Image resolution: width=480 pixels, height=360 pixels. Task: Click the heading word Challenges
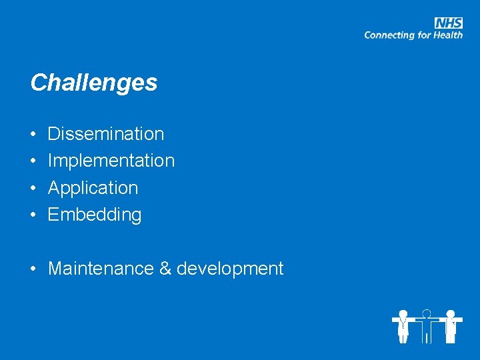click(x=94, y=83)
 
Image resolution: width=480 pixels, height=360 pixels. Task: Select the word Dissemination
click(x=106, y=134)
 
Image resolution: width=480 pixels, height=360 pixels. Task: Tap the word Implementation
click(x=111, y=161)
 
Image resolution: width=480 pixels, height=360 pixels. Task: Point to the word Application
click(x=93, y=188)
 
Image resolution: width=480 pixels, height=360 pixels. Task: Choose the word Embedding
click(x=95, y=215)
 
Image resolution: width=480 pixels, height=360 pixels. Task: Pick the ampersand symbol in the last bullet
click(x=165, y=269)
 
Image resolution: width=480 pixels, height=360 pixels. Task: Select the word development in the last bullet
click(x=230, y=269)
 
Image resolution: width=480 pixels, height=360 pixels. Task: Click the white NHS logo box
click(x=449, y=23)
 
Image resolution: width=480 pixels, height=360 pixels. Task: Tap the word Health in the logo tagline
click(x=448, y=35)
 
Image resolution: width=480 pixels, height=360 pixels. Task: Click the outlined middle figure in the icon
click(x=427, y=325)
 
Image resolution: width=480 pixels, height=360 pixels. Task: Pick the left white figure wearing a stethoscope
click(x=403, y=325)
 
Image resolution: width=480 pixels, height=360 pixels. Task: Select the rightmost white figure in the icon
click(x=451, y=325)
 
